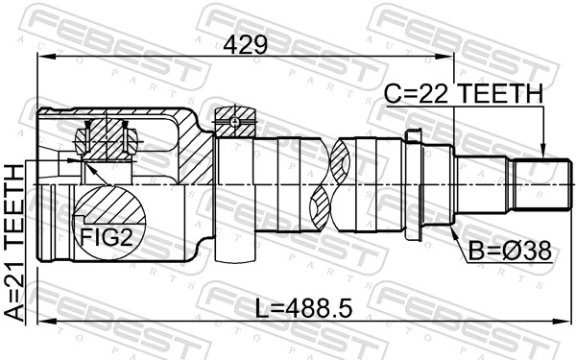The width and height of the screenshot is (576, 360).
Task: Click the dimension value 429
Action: click(248, 44)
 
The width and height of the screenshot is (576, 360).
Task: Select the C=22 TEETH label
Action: click(465, 93)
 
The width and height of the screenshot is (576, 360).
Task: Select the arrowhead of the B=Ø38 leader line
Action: click(447, 228)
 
